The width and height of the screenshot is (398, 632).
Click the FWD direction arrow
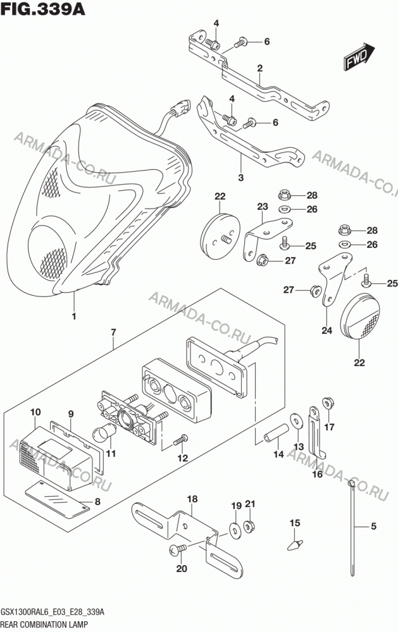pos(359,57)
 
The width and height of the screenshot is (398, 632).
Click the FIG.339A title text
pos(43,9)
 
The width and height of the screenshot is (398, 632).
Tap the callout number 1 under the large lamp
pos(74,317)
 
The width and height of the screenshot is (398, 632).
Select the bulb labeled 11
pos(105,435)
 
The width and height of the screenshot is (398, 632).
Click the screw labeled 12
pos(180,440)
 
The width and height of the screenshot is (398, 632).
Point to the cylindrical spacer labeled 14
pos(277,432)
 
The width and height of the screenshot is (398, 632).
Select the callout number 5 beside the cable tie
pos(373,526)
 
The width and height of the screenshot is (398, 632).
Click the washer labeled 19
pos(235,529)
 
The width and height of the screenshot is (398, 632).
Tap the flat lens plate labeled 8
pos(57,499)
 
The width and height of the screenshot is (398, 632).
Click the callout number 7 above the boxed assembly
pos(113,332)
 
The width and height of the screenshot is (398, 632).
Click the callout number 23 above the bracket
pos(263,207)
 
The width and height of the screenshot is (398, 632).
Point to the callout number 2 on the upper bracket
pos(260,68)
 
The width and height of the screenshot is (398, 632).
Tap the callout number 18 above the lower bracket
pos(192,499)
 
